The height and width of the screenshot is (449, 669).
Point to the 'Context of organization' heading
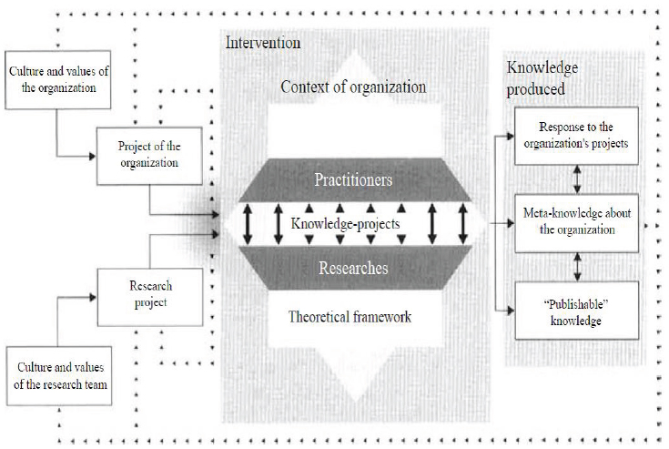(x=353, y=87)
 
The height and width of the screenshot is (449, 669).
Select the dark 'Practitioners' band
(x=353, y=179)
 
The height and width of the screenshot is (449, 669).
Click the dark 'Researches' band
(x=353, y=268)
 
